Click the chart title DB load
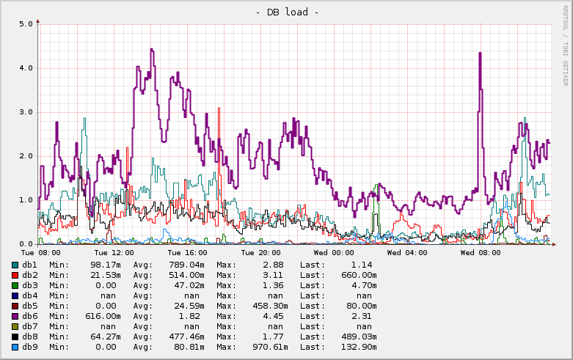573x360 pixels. (286, 12)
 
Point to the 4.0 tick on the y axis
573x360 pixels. (26, 67)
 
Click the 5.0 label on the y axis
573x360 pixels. (26, 23)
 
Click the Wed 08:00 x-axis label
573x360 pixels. (481, 253)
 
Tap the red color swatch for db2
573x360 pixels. (15, 275)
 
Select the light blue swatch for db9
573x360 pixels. (15, 347)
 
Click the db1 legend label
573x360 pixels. (29, 265)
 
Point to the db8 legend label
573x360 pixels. (29, 337)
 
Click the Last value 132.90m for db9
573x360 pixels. (359, 347)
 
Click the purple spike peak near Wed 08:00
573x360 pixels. (479, 53)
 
